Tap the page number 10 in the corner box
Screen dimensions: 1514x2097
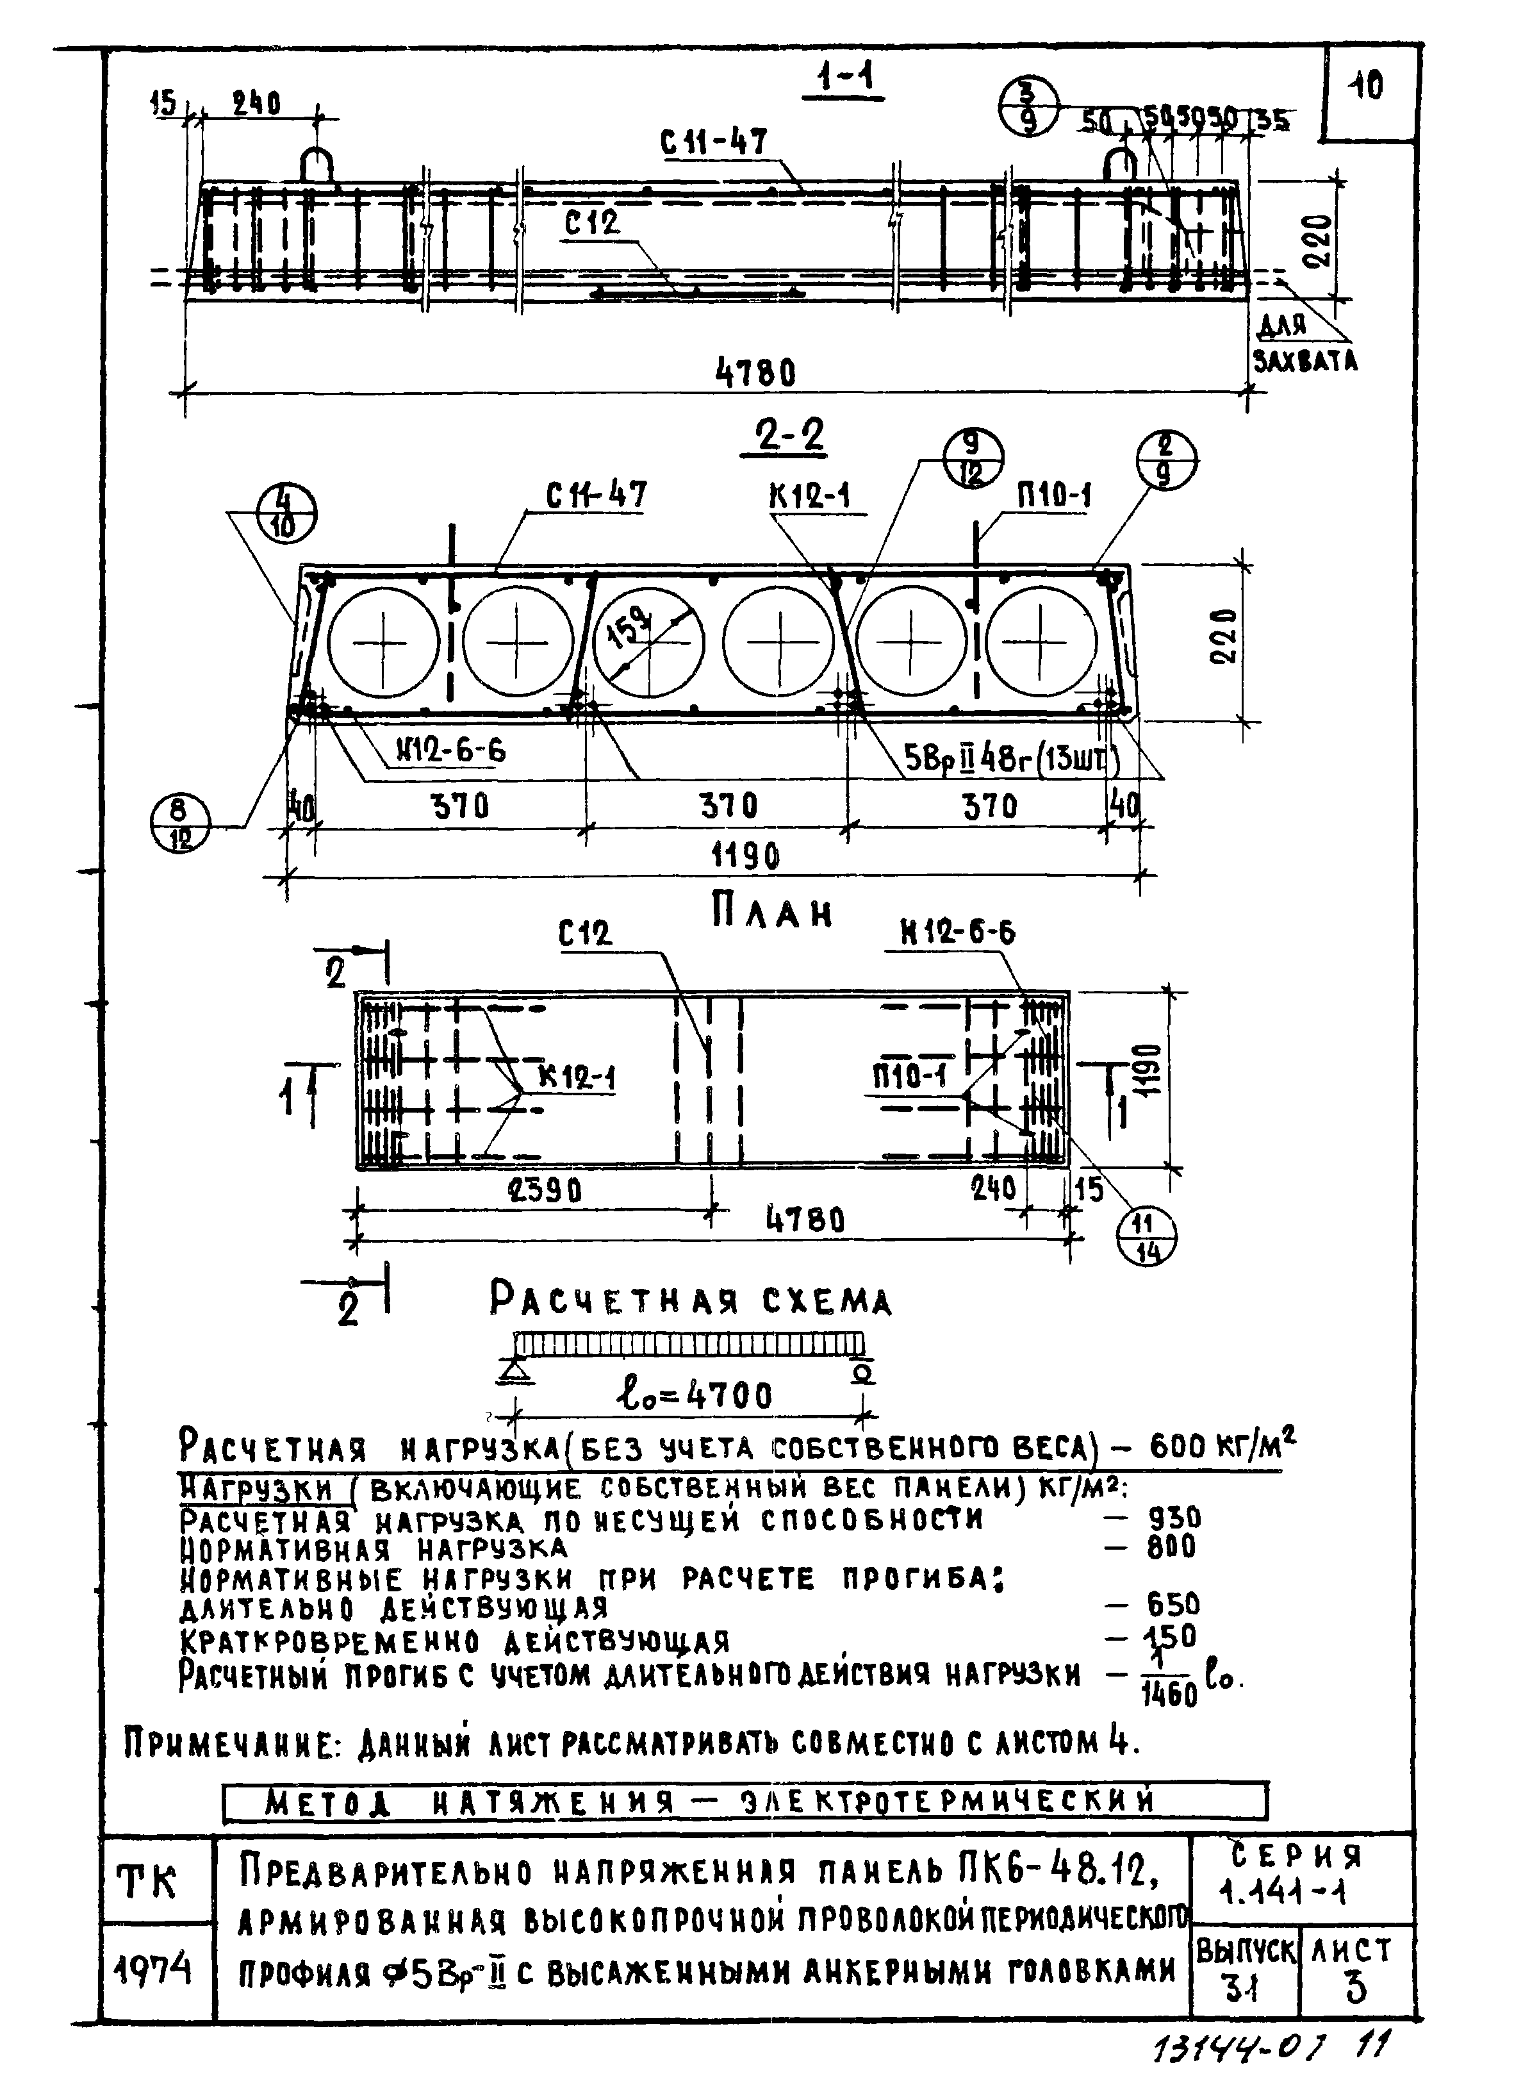[x=1365, y=86]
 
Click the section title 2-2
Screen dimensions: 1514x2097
[x=784, y=436]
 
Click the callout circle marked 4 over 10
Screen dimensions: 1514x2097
[x=284, y=514]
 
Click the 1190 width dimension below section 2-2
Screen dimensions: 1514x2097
[x=745, y=856]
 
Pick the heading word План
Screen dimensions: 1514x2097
[x=773, y=913]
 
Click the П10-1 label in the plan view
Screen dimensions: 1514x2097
[x=910, y=1075]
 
